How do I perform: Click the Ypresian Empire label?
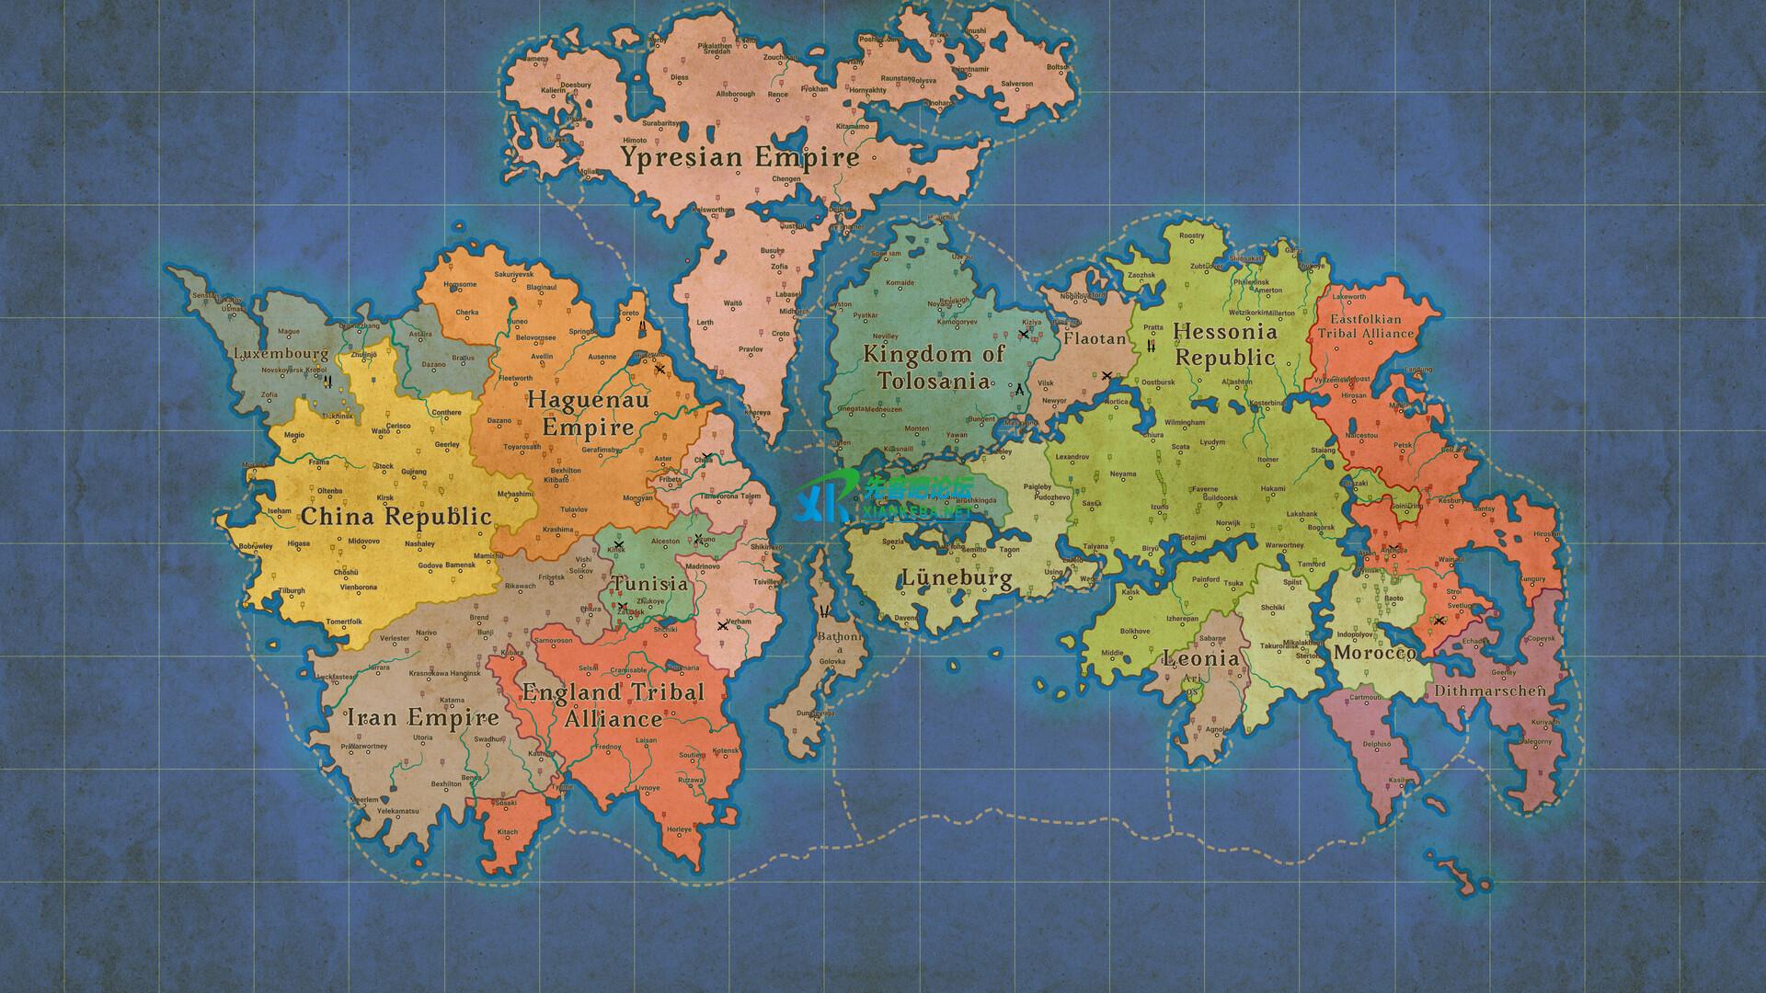pos(740,157)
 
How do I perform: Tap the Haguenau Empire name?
pos(588,413)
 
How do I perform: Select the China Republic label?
pos(396,516)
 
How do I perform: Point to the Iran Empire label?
pos(422,717)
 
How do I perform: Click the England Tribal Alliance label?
pos(614,704)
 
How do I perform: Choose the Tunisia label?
pos(650,583)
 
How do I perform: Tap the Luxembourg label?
pos(281,353)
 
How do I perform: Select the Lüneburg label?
pos(957,578)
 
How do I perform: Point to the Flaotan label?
pos(1095,338)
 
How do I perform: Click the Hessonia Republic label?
pos(1225,344)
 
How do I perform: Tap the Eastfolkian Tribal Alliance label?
pos(1365,326)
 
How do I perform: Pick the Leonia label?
pos(1200,658)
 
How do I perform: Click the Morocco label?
pos(1374,653)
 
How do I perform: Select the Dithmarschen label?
pos(1487,690)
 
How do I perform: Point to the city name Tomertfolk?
pos(344,622)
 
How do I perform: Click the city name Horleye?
pos(679,829)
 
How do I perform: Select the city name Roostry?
pos(1191,236)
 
